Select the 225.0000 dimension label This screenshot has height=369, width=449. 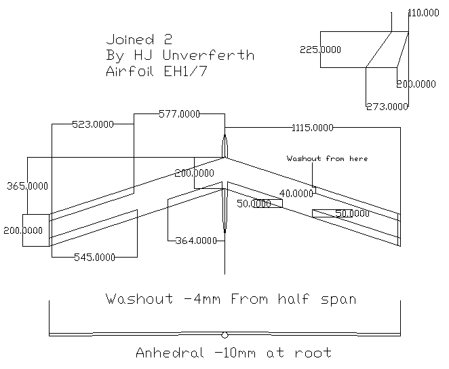click(x=320, y=49)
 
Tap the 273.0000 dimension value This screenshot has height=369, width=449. click(x=387, y=106)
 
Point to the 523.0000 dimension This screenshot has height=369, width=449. click(x=92, y=124)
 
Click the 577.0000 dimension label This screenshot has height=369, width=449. click(x=179, y=114)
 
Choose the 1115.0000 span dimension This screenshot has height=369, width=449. click(x=312, y=127)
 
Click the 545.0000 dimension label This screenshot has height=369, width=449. click(x=94, y=257)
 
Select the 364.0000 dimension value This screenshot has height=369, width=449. click(x=195, y=241)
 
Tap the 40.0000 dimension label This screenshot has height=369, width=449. click(x=296, y=194)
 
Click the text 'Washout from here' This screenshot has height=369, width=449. click(x=327, y=158)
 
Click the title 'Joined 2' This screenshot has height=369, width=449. click(x=139, y=39)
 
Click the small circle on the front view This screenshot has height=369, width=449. click(x=224, y=334)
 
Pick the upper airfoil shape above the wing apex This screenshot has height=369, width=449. click(x=225, y=145)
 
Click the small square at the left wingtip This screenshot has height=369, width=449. click(x=36, y=230)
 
